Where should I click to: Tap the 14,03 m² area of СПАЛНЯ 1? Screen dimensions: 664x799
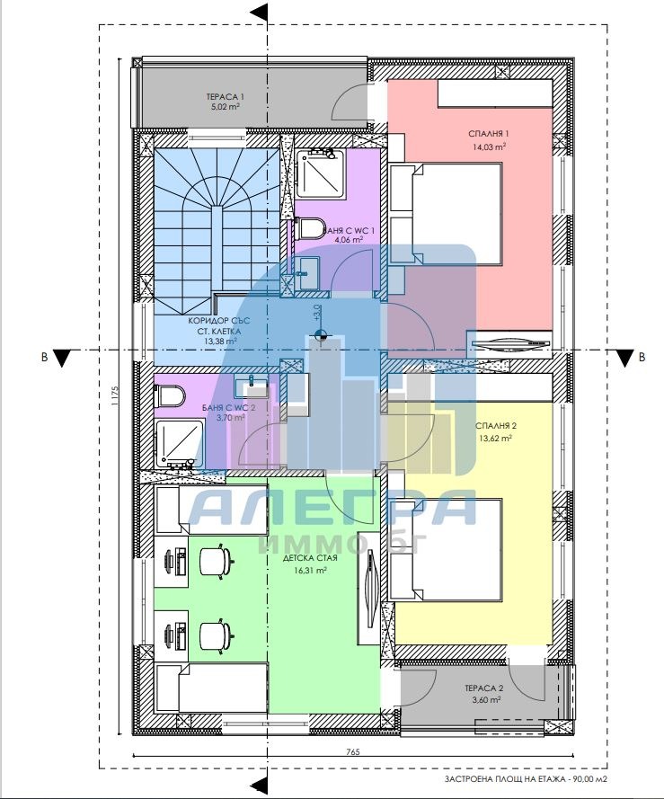pyautogui.click(x=489, y=146)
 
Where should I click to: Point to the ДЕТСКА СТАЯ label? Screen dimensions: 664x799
pyautogui.click(x=310, y=558)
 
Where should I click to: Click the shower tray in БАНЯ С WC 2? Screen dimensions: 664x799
pyautogui.click(x=180, y=443)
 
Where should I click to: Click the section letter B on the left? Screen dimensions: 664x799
pyautogui.click(x=44, y=357)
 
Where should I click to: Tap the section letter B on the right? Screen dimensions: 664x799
pyautogui.click(x=642, y=357)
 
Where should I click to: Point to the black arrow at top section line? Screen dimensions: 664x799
pyautogui.click(x=261, y=11)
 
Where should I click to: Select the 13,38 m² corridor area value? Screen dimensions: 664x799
pyautogui.click(x=219, y=342)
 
